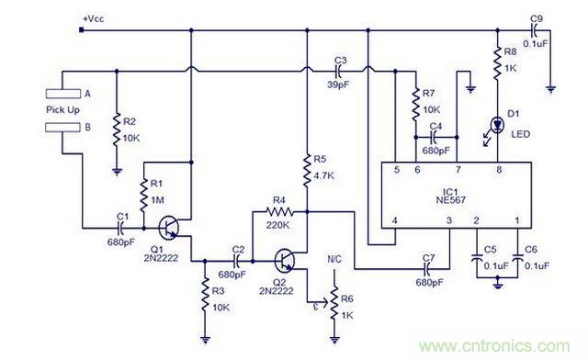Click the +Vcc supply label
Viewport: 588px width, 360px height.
[x=96, y=18]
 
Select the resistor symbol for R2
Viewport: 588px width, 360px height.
[x=118, y=129]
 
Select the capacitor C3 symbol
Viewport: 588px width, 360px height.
[x=340, y=70]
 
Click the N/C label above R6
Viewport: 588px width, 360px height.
[x=335, y=261]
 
